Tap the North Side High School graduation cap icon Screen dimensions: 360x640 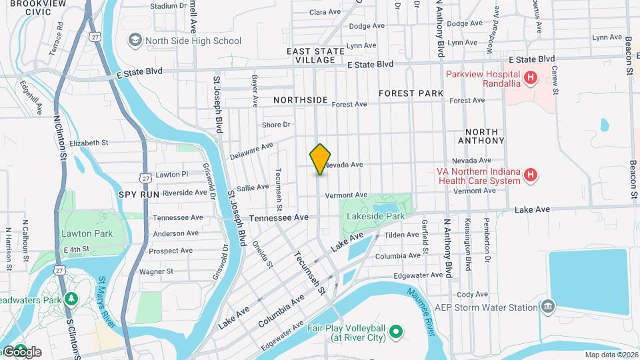click(136, 41)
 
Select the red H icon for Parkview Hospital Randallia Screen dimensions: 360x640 click(530, 79)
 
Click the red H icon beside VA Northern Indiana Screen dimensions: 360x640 click(530, 175)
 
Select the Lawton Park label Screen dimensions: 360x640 click(87, 233)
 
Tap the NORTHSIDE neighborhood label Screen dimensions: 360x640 click(301, 100)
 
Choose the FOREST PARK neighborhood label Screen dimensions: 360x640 click(411, 93)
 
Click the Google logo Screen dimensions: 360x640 click(22, 351)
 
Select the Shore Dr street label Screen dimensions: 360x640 click(277, 125)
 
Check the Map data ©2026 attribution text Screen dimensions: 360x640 click(611, 354)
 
